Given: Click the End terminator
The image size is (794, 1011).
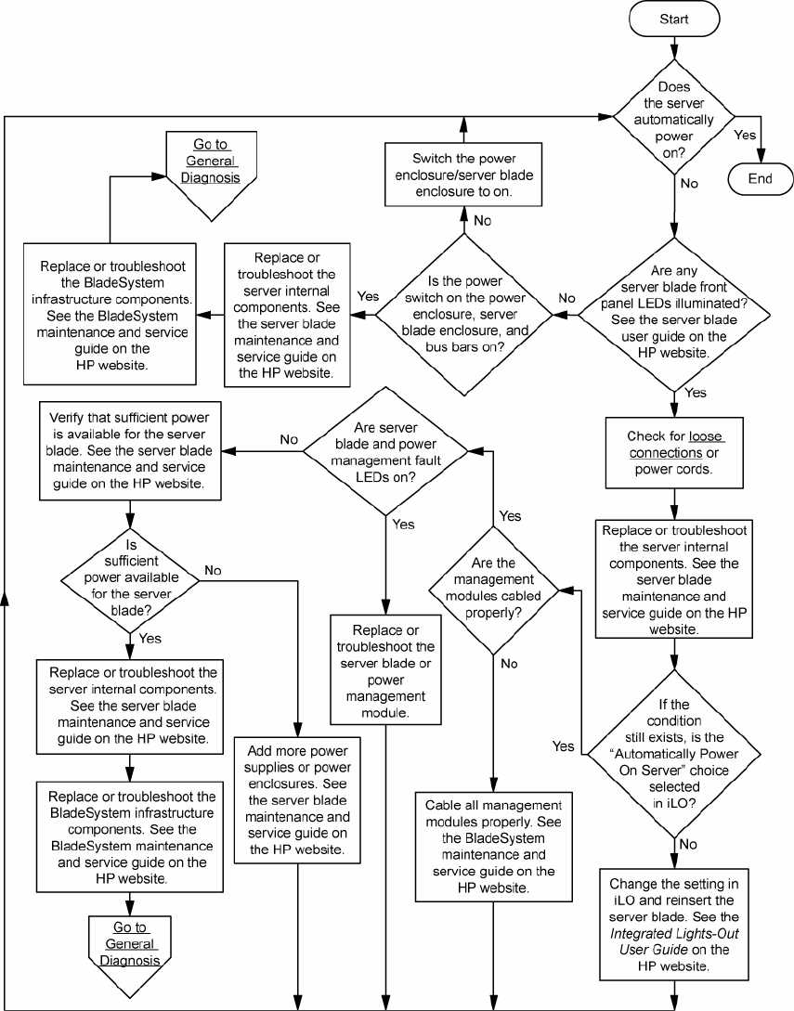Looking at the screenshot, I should [x=759, y=179].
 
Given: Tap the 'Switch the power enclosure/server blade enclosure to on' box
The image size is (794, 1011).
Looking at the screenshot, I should [x=464, y=175].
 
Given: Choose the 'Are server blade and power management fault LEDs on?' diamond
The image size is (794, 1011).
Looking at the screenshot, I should [x=384, y=451].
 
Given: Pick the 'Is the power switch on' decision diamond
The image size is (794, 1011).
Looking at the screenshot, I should [x=463, y=316].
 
